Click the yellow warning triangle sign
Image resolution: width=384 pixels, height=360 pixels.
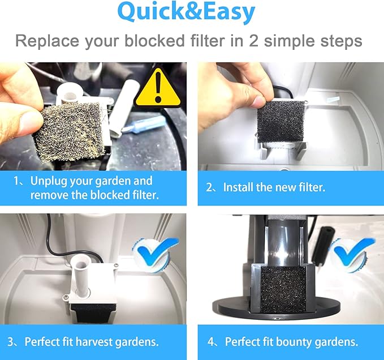click(158, 89)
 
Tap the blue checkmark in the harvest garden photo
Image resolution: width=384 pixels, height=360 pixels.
click(157, 254)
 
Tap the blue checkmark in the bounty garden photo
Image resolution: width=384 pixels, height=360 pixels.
click(353, 254)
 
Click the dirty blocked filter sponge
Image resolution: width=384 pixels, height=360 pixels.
click(70, 132)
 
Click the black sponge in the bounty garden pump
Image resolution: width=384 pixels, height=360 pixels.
click(283, 290)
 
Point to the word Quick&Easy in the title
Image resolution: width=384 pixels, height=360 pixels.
click(186, 12)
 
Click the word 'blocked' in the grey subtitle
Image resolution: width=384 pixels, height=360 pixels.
click(154, 41)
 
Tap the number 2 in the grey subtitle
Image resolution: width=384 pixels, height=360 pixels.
click(253, 41)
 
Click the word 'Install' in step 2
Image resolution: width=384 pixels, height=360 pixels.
click(238, 187)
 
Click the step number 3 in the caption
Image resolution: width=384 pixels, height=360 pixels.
click(11, 342)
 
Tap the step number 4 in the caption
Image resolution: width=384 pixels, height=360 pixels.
click(211, 342)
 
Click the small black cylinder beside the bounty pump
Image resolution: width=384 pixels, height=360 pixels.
click(321, 247)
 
